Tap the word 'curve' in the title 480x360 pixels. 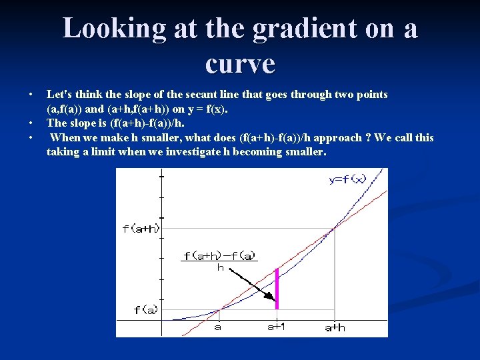240,63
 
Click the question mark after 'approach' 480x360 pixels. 368,138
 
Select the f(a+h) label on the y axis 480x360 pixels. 141,229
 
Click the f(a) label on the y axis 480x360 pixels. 146,310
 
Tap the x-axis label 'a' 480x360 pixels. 218,327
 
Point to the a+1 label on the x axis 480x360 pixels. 276,327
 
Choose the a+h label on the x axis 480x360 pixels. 335,327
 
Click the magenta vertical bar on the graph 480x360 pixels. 277,288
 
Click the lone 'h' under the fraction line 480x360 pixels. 220,267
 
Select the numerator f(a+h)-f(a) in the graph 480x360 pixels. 219,255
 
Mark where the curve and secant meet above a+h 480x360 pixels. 335,229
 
